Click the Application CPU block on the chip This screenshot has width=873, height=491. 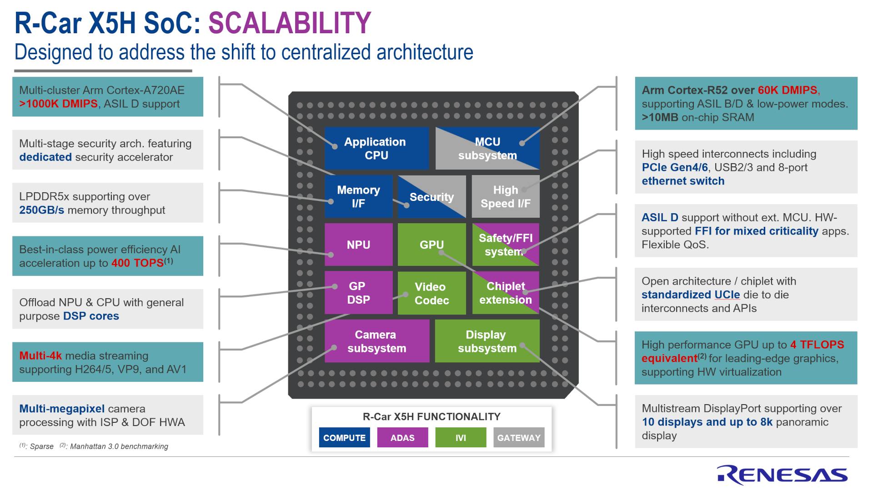coord(376,148)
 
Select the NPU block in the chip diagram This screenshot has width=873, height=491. coord(358,245)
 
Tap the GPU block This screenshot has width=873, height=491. coord(431,245)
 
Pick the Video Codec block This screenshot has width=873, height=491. coord(431,293)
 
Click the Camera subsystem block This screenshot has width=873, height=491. coord(376,341)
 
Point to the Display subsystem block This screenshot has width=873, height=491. coord(487,341)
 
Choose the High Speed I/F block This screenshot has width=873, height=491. coord(505,196)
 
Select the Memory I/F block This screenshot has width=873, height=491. coord(358,196)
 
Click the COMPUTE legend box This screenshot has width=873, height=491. coord(344,437)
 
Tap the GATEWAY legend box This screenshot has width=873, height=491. coord(518,437)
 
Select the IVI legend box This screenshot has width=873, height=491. coord(460,437)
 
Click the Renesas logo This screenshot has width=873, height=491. coord(782,474)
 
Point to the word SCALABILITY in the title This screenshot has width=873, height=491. coord(290,23)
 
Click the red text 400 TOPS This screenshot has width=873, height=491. coord(137,263)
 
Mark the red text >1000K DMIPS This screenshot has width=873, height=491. coord(58,104)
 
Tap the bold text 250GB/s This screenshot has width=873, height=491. coord(41,210)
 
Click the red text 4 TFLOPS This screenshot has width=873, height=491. coord(817,345)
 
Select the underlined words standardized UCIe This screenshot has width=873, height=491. coord(690,295)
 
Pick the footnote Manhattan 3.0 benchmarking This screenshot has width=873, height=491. coord(119,446)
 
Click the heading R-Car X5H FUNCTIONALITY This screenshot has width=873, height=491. coord(431,416)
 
